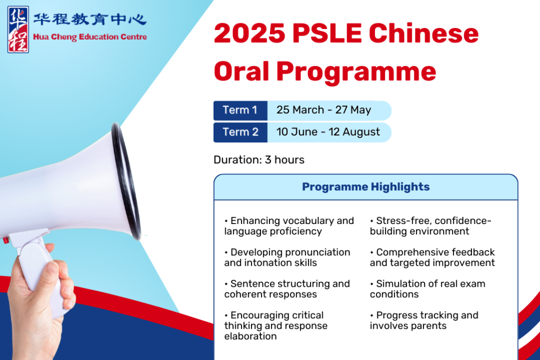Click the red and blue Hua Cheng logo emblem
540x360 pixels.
pyautogui.click(x=18, y=30)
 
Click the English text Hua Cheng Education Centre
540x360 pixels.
pyautogui.click(x=90, y=37)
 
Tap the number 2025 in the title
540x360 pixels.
pyautogui.click(x=249, y=33)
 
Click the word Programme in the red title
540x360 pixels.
pyautogui.click(x=356, y=72)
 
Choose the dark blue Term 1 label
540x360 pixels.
pyautogui.click(x=240, y=111)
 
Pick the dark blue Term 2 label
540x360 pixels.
pyautogui.click(x=240, y=132)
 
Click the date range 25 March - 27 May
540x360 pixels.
pyautogui.click(x=324, y=110)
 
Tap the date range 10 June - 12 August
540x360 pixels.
pyautogui.click(x=328, y=132)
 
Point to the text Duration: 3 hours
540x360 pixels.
pyautogui.click(x=259, y=160)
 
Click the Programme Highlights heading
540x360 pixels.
pyautogui.click(x=366, y=187)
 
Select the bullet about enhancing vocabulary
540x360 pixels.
pyautogui.click(x=289, y=226)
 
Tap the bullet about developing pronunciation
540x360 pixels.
pyautogui.click(x=287, y=257)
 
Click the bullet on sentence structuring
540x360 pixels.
pyautogui.click(x=287, y=289)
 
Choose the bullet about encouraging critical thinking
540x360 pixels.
pyautogui.click(x=276, y=326)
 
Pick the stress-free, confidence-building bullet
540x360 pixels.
pyautogui.click(x=430, y=226)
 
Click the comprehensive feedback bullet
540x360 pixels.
pyautogui.click(x=432, y=257)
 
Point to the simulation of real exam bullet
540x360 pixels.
pyautogui.click(x=427, y=289)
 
